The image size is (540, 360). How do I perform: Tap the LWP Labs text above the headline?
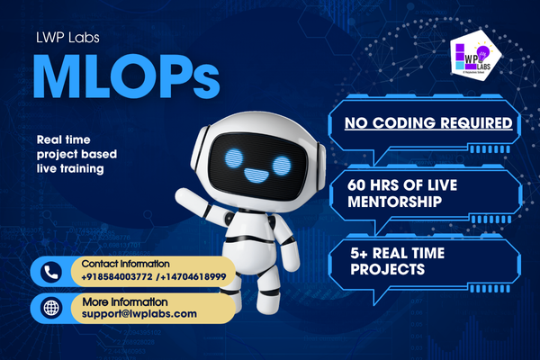pyautogui.click(x=70, y=39)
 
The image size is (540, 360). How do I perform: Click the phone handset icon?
pyautogui.click(x=51, y=270)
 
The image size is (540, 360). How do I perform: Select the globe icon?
pyautogui.click(x=51, y=307)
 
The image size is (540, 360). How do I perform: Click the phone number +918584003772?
pyautogui.click(x=114, y=276)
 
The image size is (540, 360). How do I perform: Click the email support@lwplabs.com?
pyautogui.click(x=139, y=313)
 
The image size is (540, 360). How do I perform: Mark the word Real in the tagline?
pyautogui.click(x=49, y=140)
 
